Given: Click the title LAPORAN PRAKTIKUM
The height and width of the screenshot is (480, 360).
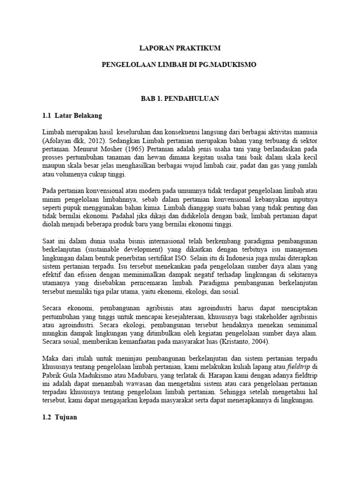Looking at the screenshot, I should click(x=180, y=48).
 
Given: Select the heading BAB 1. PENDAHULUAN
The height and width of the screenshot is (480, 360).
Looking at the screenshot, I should click(x=180, y=99).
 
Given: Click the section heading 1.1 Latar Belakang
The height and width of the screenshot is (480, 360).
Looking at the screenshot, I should click(x=72, y=115).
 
